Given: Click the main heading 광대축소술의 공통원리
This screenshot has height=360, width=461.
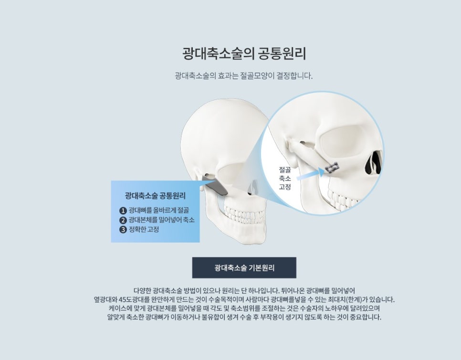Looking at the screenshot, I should [244, 53].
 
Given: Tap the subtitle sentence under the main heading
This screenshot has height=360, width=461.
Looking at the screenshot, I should [243, 75].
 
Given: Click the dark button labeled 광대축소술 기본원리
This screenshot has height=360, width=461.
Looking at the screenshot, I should [244, 267].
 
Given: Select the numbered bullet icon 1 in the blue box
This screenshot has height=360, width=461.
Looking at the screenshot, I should [123, 211].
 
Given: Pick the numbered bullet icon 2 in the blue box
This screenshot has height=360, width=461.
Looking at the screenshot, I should [123, 220].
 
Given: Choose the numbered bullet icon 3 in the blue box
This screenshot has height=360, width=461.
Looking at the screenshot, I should [123, 229].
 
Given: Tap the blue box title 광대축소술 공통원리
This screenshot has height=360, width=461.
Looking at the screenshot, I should [155, 195].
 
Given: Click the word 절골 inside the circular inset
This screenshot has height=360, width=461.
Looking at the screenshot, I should [285, 169].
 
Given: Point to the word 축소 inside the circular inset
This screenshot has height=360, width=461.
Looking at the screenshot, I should [285, 178].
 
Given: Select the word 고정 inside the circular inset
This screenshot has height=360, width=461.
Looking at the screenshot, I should [285, 187].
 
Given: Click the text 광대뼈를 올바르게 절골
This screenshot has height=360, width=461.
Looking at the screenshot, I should [158, 211].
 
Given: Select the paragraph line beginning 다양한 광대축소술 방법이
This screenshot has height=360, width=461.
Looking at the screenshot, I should [244, 290].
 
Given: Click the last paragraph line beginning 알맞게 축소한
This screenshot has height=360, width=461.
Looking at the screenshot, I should [244, 318].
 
